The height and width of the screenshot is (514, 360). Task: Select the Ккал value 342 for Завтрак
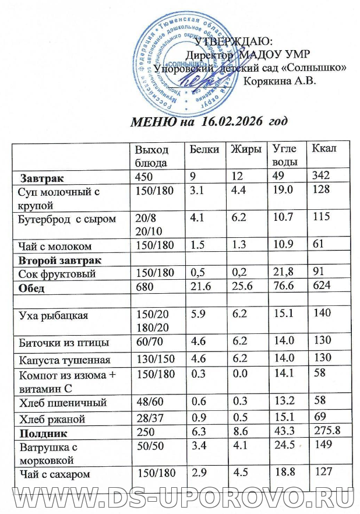[321, 176]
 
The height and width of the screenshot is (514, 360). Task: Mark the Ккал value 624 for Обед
[321, 287]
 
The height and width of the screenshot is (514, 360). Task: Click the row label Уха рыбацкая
[50, 315]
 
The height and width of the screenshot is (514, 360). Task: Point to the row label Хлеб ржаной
[52, 419]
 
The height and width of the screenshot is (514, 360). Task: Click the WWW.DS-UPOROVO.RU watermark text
[180, 499]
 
